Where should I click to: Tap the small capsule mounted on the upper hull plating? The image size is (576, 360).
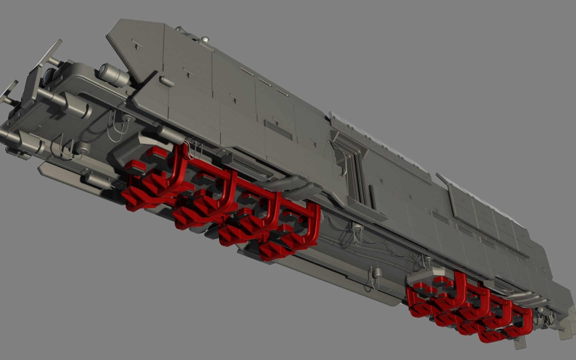click(166, 81)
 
